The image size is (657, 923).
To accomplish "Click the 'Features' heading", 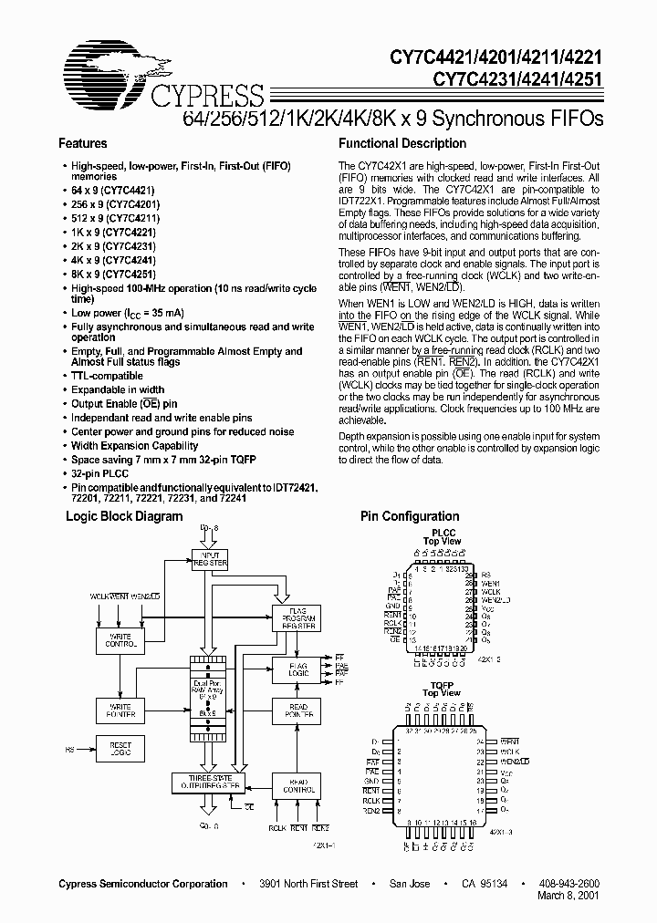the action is point(82,143).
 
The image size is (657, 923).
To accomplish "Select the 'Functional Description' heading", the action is point(402,143).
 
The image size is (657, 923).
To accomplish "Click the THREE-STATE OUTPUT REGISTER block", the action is point(208,782).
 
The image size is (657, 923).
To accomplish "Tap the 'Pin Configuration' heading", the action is point(410,516).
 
